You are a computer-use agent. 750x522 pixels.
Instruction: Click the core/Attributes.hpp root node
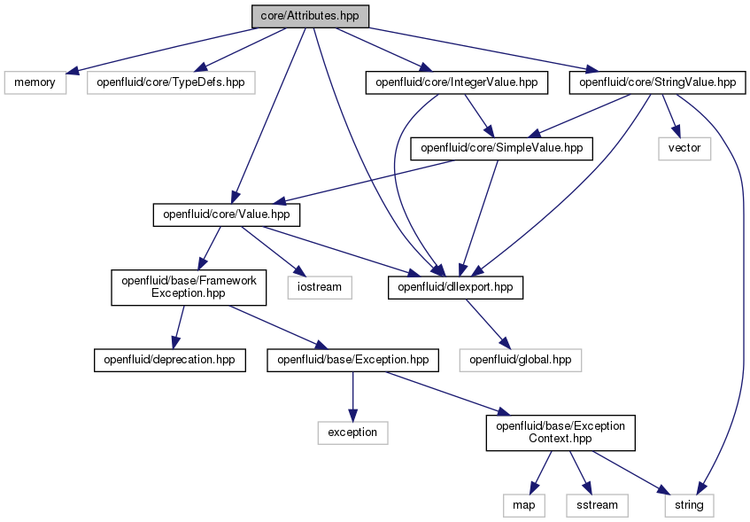(x=310, y=16)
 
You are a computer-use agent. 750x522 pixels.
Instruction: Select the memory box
(x=35, y=82)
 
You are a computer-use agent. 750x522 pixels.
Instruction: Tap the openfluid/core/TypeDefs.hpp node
(x=171, y=82)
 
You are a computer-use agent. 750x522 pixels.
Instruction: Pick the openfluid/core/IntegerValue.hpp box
(x=456, y=82)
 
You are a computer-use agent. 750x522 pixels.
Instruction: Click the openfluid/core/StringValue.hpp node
(x=657, y=82)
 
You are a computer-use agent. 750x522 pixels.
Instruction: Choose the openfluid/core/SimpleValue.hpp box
(x=501, y=149)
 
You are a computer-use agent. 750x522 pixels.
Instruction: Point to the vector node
(x=684, y=149)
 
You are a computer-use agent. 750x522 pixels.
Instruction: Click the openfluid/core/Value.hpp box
(x=227, y=214)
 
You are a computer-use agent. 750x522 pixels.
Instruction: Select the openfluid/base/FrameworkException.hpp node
(x=189, y=287)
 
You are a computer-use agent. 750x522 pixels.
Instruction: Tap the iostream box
(x=320, y=287)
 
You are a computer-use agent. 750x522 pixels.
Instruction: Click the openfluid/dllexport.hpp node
(x=455, y=287)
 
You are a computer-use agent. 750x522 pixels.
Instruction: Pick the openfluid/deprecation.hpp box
(x=170, y=360)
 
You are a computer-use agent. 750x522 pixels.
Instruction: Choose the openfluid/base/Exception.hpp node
(x=352, y=360)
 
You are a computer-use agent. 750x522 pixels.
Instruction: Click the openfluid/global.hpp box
(x=521, y=360)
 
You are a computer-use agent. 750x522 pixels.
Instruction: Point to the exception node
(x=352, y=432)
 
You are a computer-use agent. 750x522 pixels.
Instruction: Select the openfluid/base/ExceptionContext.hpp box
(x=561, y=432)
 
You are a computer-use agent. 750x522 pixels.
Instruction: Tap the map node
(x=523, y=506)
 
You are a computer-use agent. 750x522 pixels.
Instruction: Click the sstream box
(x=597, y=506)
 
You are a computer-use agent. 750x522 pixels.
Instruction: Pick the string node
(x=689, y=506)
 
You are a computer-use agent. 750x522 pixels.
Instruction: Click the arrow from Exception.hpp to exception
(x=352, y=396)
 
